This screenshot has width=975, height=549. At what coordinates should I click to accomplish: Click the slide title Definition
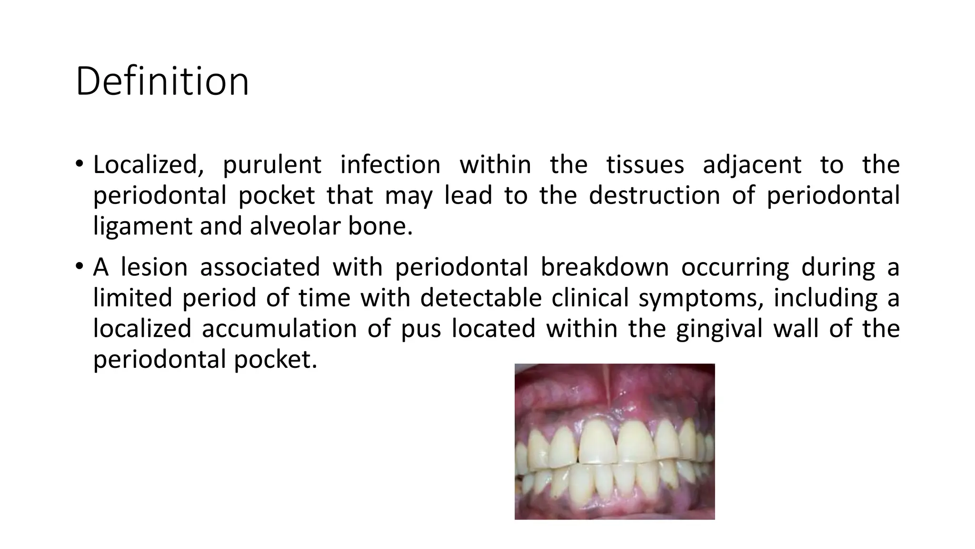162,81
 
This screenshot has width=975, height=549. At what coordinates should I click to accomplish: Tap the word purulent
272,165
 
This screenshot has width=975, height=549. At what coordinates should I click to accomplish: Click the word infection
390,165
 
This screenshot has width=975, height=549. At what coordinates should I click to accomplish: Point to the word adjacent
752,165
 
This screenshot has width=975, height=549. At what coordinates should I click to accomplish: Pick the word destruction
654,195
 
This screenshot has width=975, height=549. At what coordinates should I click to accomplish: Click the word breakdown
605,267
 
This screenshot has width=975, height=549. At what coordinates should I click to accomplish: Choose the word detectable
481,298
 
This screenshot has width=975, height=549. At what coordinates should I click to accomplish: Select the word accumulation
279,329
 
